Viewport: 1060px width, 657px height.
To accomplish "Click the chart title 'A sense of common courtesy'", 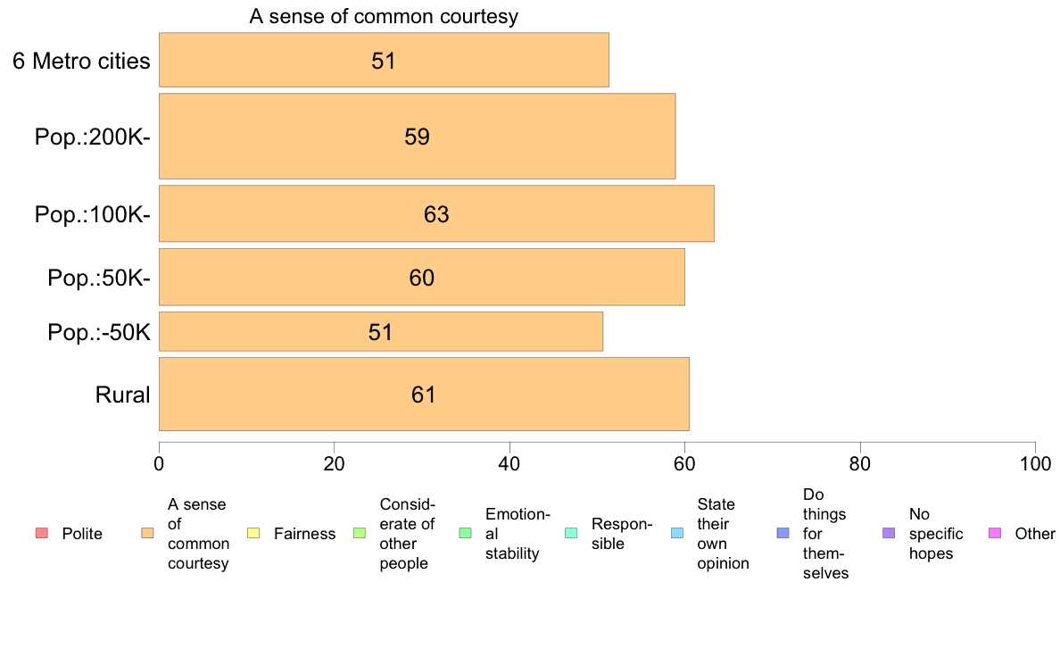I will click(384, 17).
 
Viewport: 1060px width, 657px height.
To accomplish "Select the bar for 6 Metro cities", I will click(384, 60).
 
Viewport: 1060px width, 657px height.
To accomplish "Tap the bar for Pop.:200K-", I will click(417, 136).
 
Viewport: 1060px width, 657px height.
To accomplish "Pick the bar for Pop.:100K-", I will click(436, 213).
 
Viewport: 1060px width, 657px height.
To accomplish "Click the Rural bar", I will click(424, 394).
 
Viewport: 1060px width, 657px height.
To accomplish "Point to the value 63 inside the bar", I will click(436, 215).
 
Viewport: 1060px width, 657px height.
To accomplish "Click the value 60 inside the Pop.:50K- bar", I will click(422, 278).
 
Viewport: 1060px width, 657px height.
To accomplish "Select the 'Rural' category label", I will click(122, 395).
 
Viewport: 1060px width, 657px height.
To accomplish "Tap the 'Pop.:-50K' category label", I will click(99, 334).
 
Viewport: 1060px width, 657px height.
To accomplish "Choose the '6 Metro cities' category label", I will click(81, 62).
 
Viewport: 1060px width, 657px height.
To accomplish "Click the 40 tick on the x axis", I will click(509, 464).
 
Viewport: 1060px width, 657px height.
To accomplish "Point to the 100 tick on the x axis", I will click(1035, 464).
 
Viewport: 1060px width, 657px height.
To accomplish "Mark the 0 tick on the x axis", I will click(159, 464).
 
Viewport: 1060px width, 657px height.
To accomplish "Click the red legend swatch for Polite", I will click(42, 534).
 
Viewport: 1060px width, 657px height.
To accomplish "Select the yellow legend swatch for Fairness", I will click(253, 534).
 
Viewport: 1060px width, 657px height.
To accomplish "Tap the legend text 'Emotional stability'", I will click(518, 534).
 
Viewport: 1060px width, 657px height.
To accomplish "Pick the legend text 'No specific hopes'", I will click(935, 534).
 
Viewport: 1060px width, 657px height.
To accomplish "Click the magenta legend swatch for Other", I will click(996, 534).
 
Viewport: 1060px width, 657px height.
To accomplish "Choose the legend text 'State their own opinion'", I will click(723, 534).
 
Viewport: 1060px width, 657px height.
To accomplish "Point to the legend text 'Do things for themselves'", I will click(825, 534).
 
